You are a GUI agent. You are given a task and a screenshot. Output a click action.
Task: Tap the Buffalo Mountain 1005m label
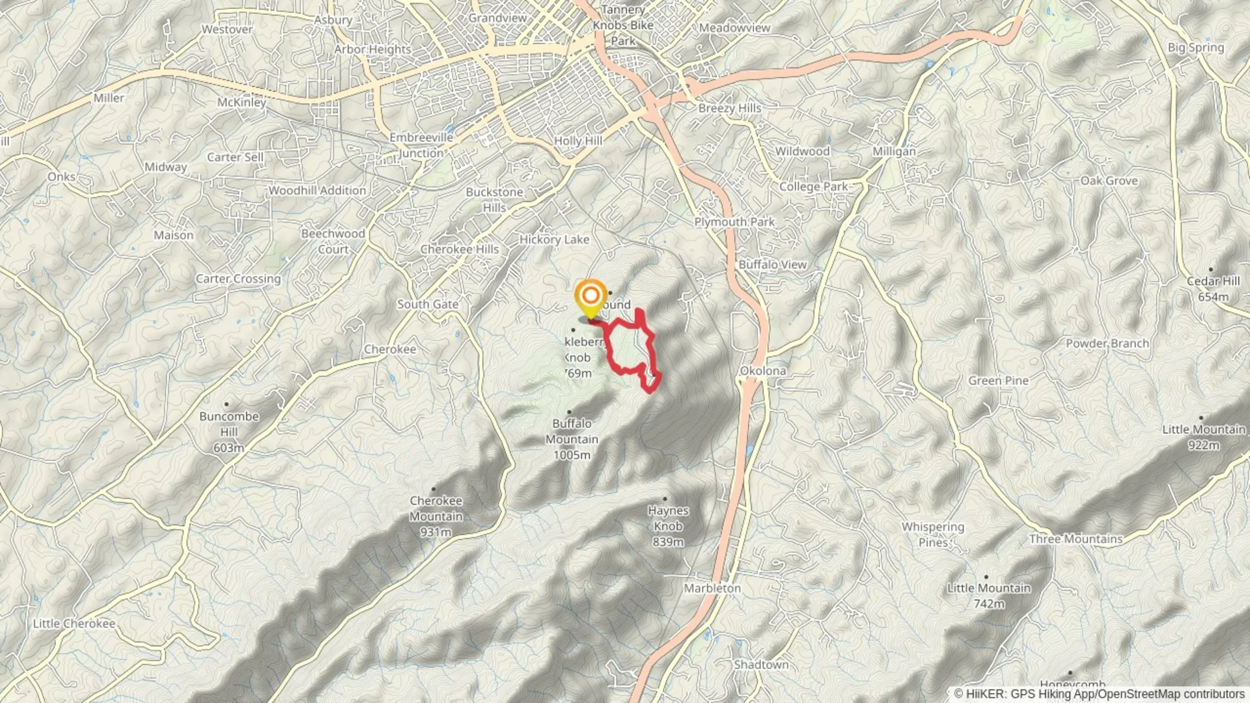[572, 439]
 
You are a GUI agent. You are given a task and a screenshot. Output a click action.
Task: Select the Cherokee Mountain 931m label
[436, 516]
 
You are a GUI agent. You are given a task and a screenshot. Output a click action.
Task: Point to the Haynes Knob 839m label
[668, 526]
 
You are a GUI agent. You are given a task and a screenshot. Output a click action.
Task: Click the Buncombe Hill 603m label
[229, 432]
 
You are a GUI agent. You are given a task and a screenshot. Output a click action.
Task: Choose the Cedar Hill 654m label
[1213, 288]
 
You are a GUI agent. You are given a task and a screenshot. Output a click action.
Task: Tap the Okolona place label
[762, 371]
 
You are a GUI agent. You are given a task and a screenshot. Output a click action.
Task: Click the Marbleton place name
[712, 588]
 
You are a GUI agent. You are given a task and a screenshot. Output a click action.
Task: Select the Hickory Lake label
[554, 240]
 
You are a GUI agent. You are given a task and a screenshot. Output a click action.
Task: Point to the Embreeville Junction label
[421, 145]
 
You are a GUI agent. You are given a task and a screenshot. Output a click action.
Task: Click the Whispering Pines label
[932, 534]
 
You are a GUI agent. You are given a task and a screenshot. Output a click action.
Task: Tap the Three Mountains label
[1076, 539]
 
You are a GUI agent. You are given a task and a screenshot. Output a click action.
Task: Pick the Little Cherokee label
[74, 624]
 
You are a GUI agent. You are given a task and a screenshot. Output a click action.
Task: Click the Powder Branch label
[1107, 343]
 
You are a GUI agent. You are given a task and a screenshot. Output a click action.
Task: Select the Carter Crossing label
[238, 279]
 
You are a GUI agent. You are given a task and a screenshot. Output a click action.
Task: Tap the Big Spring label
[1195, 48]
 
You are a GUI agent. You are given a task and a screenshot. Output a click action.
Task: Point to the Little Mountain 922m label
[1204, 437]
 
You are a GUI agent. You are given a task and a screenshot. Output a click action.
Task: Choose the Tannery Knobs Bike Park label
[623, 25]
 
